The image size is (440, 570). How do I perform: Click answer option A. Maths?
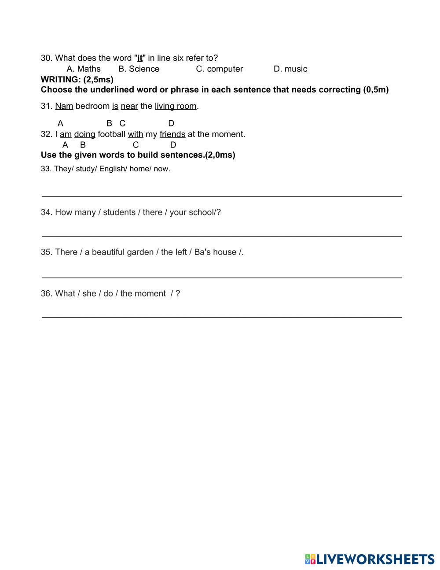coord(84,69)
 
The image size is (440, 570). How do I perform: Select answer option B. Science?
coord(139,69)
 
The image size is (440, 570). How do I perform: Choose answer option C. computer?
coord(219,69)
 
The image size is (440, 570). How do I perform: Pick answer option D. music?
coord(290,69)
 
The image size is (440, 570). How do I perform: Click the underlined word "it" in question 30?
coord(140,58)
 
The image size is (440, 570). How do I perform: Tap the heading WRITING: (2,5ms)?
coord(77,79)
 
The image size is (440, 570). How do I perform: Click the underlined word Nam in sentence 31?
coord(64,106)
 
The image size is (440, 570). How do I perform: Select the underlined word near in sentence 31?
coord(129,106)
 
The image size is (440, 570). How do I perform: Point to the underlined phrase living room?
coord(176,106)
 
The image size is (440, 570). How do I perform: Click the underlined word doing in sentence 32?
coord(84,134)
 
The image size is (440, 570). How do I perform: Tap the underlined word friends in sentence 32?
coord(172,134)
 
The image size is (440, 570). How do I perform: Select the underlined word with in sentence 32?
coord(136,134)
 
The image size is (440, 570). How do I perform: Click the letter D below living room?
coord(171,123)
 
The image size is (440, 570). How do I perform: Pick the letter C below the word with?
coord(136,145)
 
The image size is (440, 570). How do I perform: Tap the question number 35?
coord(46,252)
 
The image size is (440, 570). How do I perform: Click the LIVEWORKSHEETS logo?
coord(370,559)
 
